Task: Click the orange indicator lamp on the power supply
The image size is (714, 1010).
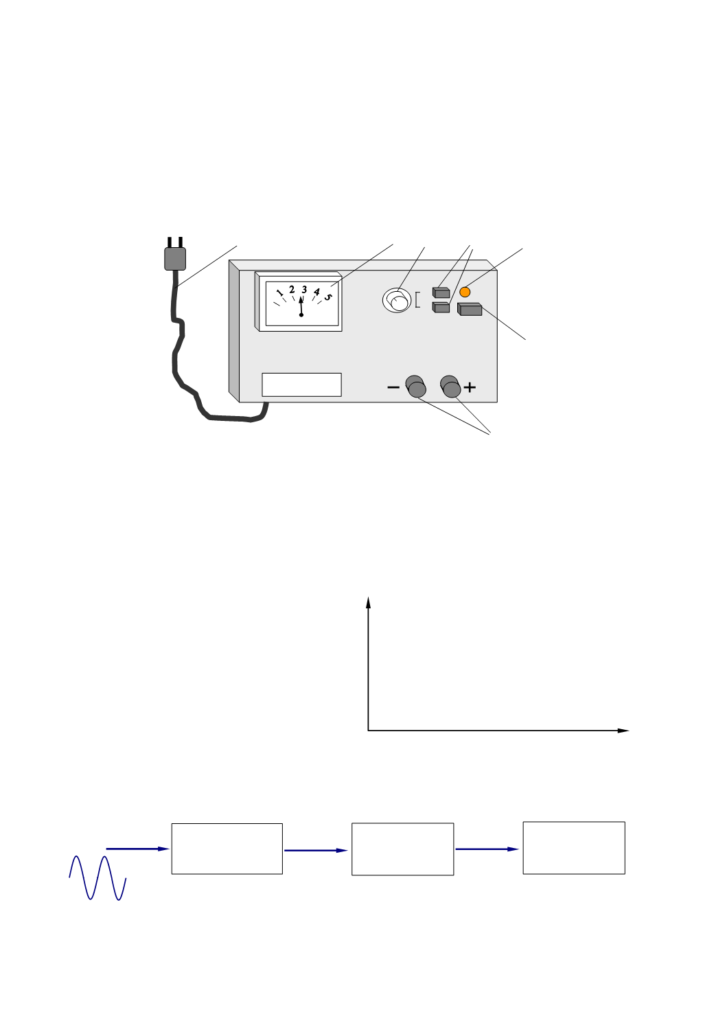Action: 465,292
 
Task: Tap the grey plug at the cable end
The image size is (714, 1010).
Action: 175,258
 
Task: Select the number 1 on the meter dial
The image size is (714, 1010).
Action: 280,292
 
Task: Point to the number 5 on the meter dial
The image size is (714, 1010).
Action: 328,297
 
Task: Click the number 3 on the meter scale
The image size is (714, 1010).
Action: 304,290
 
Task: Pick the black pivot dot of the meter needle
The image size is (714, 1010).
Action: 301,314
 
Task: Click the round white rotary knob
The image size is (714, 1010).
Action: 397,300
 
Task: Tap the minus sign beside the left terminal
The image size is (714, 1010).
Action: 393,387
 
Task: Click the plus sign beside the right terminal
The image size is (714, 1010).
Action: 470,387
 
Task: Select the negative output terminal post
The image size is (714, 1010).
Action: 416,387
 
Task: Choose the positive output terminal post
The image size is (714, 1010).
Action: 451,387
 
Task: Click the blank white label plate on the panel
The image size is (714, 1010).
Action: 301,385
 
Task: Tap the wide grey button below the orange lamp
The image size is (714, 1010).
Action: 470,309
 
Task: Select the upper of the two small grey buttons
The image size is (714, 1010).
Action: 441,292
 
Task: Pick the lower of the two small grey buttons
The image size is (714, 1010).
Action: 441,307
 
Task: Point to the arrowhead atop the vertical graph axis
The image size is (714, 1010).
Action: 368,602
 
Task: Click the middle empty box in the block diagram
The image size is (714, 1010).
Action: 402,849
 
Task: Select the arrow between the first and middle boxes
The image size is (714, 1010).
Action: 316,851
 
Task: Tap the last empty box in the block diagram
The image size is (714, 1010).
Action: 574,848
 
